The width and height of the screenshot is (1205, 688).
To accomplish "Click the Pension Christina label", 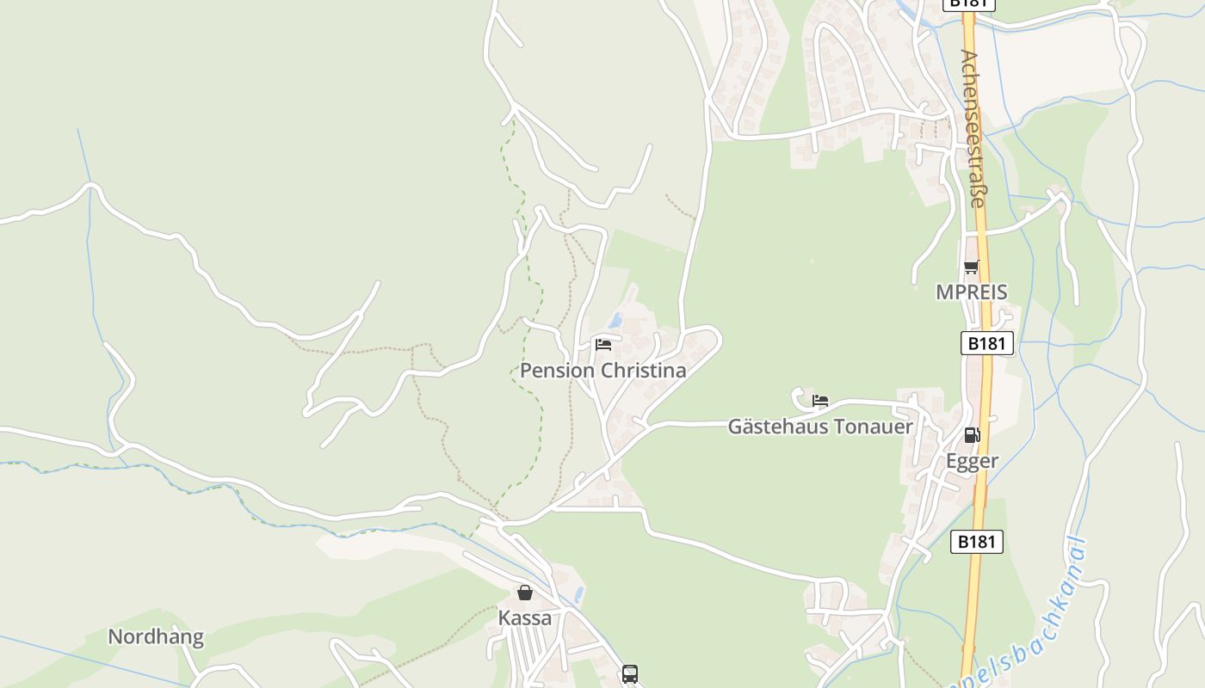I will [x=602, y=371].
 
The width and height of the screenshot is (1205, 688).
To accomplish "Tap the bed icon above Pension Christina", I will [x=603, y=345].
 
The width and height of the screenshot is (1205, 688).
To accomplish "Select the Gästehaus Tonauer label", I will [x=820, y=426].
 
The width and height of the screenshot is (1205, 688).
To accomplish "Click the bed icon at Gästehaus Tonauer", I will [x=820, y=401].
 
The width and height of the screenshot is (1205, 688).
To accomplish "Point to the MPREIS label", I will [x=971, y=292].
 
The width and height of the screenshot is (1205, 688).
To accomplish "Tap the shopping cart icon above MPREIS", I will [x=971, y=267].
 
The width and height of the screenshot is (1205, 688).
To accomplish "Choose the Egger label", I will [x=972, y=461].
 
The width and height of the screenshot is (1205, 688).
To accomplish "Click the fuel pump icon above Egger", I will [x=972, y=435].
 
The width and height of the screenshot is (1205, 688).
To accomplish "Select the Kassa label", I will [x=524, y=618].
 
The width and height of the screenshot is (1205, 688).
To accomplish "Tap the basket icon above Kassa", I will [x=524, y=593].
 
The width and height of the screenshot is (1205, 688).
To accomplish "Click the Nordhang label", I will [x=156, y=637].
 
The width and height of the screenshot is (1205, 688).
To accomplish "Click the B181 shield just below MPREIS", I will [x=986, y=344].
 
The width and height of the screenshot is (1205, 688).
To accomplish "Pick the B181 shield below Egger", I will [x=977, y=542].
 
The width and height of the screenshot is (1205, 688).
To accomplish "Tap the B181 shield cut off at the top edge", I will [x=969, y=4].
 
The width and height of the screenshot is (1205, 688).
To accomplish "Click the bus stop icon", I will [x=630, y=674].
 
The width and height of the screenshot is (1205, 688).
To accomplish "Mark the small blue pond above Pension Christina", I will [x=615, y=322].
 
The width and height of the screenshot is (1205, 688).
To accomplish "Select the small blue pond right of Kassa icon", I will [x=579, y=593].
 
